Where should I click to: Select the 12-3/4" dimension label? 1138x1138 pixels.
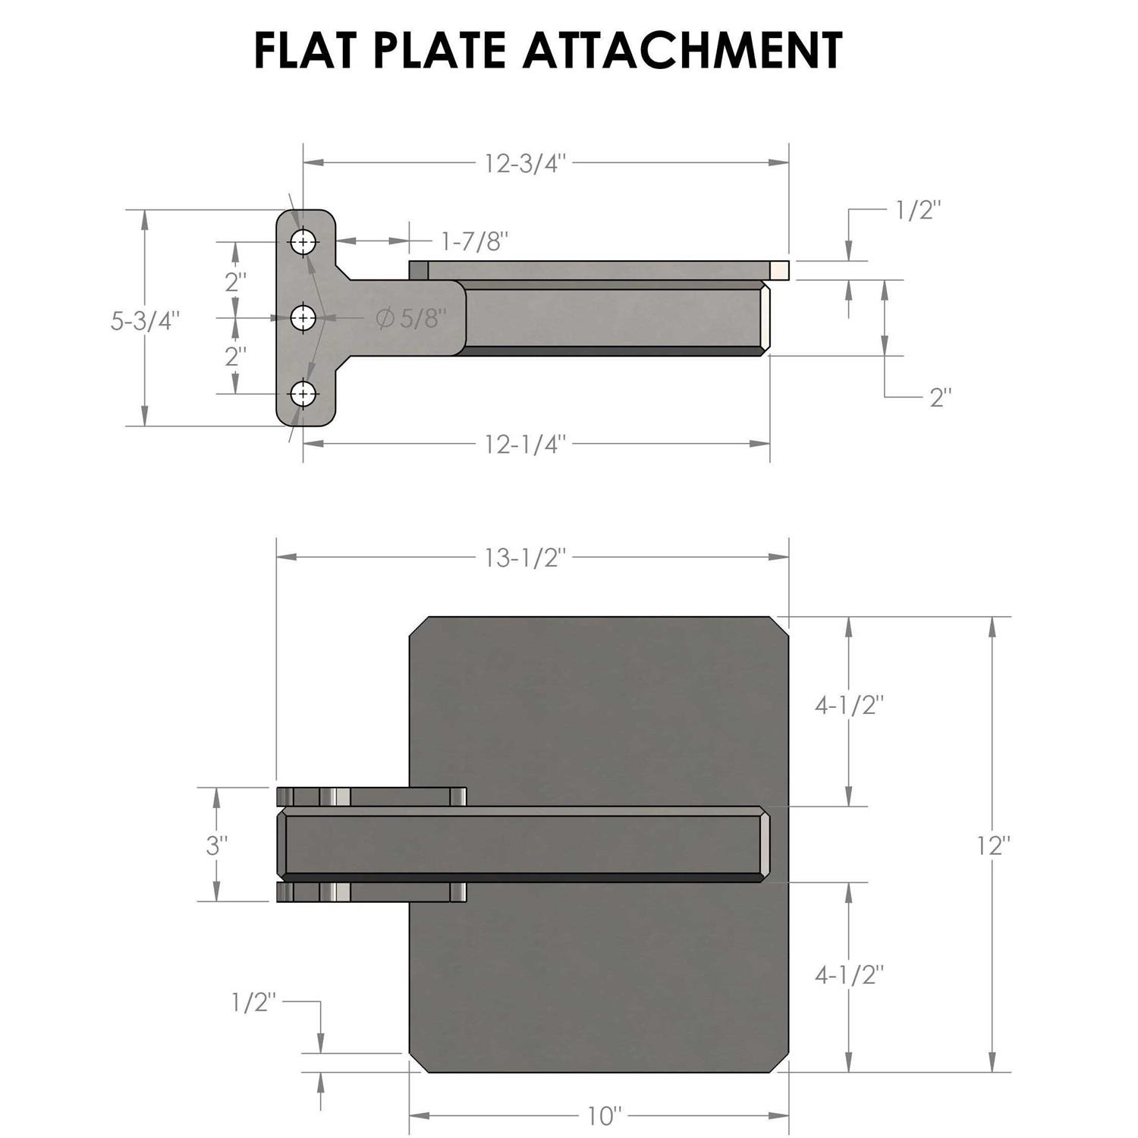point(526,163)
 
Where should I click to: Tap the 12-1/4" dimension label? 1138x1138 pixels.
point(526,445)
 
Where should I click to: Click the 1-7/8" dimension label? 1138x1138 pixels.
point(475,241)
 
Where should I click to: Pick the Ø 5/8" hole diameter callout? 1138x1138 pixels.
point(408,318)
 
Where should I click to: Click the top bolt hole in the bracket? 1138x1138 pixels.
point(303,242)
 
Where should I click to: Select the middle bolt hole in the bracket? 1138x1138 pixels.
point(303,318)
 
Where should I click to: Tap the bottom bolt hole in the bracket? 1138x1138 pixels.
point(303,394)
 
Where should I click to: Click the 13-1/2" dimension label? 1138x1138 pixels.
point(526,558)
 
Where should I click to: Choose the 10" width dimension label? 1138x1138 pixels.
point(605,1116)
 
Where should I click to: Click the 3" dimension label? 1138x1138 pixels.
point(217,845)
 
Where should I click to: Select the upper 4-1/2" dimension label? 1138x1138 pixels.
point(850,706)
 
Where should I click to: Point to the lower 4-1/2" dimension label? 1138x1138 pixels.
point(850,975)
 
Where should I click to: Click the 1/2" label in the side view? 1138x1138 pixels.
point(919,210)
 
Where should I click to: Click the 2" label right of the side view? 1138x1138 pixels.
point(941,397)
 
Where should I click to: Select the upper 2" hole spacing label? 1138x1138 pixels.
point(235,281)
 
